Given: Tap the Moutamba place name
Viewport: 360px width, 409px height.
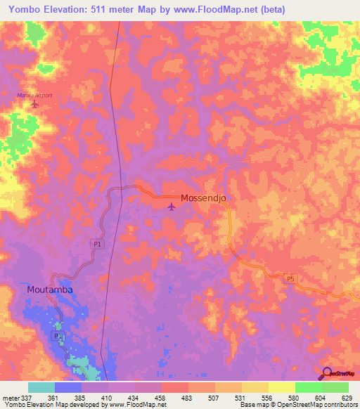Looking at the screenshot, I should pos(50,289).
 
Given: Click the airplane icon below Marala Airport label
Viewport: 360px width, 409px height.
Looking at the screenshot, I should pos(35,105).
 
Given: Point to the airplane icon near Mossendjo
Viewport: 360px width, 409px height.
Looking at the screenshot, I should pos(172,206).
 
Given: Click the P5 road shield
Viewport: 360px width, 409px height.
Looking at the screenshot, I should pos(290,279).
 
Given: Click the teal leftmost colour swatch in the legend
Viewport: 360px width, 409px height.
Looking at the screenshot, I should pos(41,387).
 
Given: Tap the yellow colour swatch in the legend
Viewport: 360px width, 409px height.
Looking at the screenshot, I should pos(281,387).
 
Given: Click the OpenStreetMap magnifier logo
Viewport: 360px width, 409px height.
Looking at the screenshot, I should pos(327,374).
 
